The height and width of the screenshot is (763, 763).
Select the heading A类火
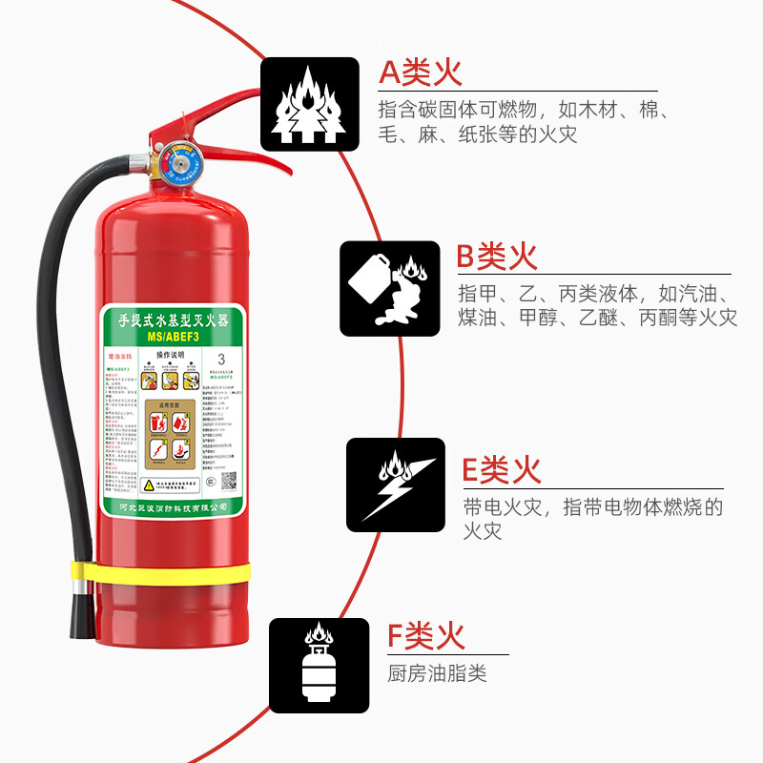(420, 72)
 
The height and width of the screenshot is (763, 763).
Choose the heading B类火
(497, 256)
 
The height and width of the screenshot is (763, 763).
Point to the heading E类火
(502, 469)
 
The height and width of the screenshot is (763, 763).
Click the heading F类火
(425, 634)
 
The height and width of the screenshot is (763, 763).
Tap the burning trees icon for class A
(310, 104)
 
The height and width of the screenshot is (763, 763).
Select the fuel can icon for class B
(389, 288)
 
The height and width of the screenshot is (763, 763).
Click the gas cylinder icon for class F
(319, 665)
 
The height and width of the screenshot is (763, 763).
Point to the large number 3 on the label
(221, 360)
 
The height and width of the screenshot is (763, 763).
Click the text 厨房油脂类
(437, 673)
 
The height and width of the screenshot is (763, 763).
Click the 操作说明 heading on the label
(170, 354)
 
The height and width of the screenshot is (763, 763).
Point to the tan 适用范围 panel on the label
(170, 434)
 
